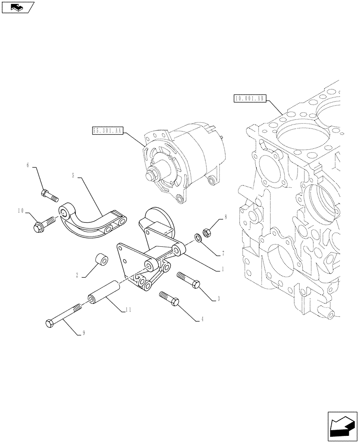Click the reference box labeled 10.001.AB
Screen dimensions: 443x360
[x=248, y=98]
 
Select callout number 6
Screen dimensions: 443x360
[x=28, y=165]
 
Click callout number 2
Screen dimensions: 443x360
[x=77, y=275]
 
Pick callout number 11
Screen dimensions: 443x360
[x=127, y=311]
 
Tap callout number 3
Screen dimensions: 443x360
[x=218, y=299]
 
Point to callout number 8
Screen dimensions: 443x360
[x=225, y=217]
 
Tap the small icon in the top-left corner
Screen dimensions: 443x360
[x=18, y=7]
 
